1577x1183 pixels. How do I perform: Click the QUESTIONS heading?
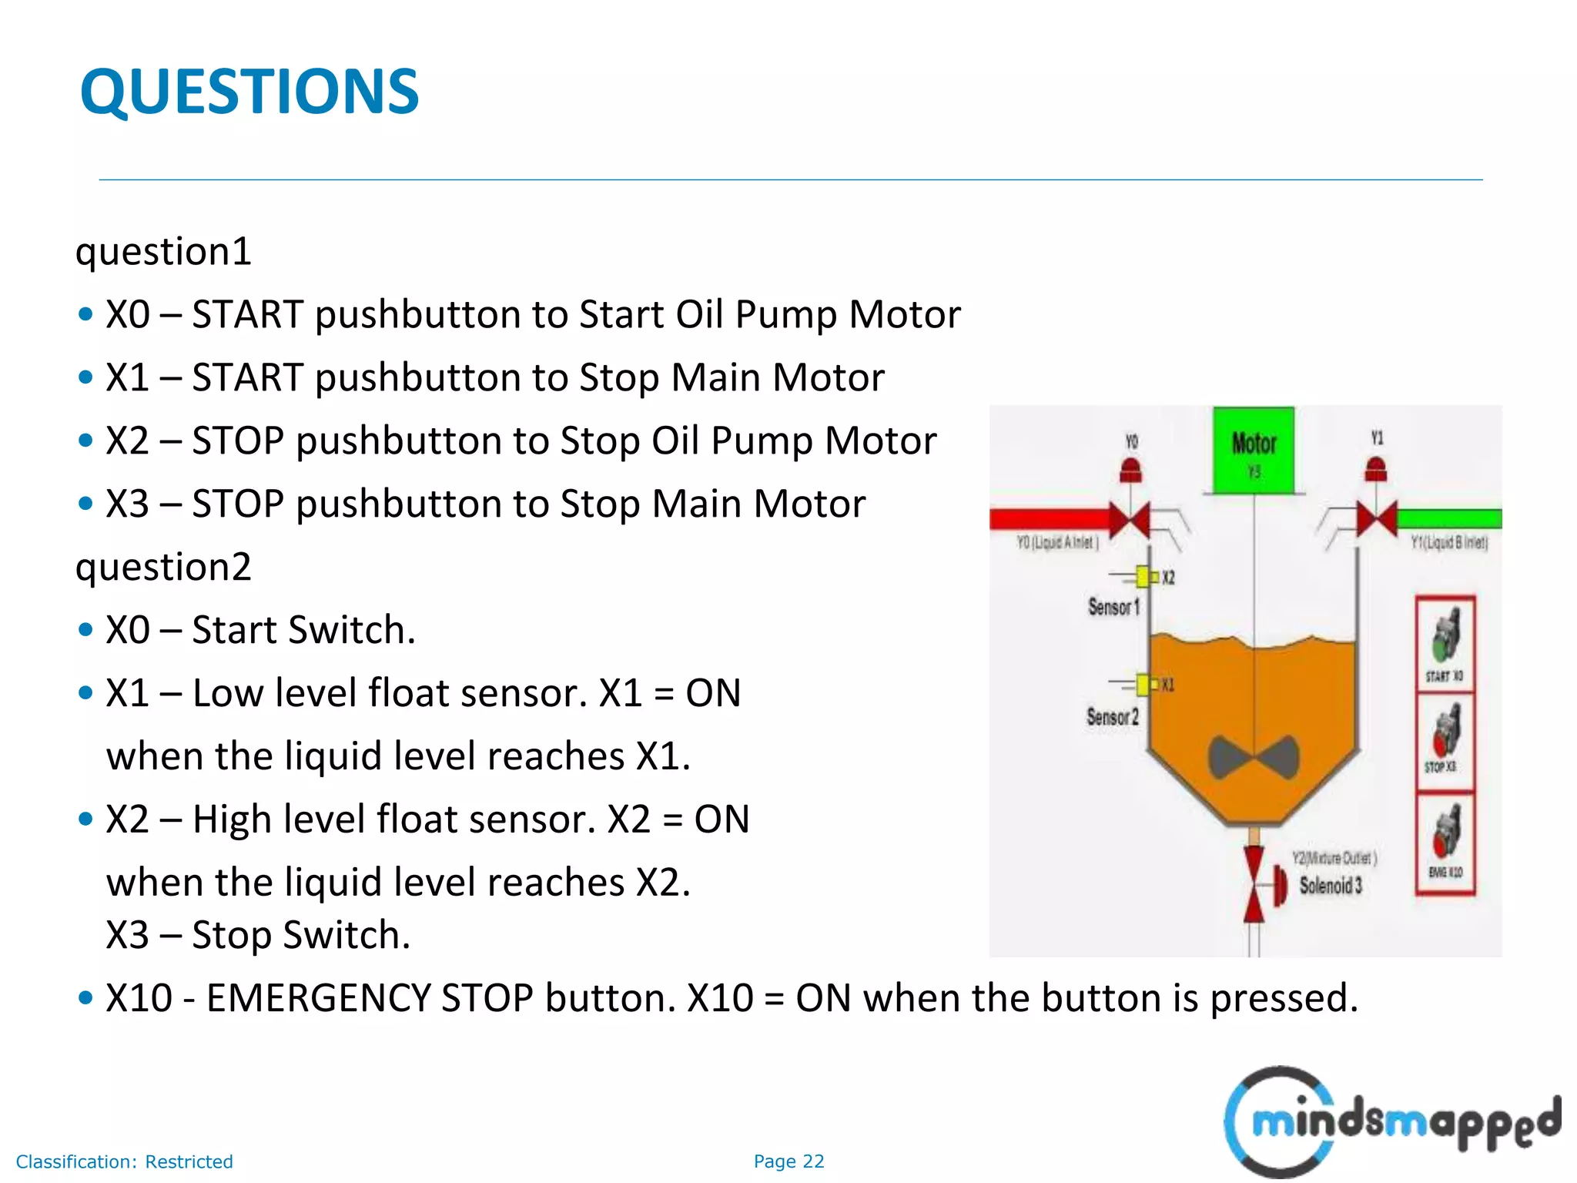pos(249,92)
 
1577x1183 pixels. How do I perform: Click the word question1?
pos(163,252)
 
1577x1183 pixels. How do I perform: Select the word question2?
pos(163,568)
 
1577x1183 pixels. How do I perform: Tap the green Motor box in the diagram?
pos(1254,451)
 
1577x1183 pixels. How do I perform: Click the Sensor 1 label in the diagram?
pos(1113,607)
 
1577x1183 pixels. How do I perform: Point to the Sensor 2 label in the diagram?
pos(1112,717)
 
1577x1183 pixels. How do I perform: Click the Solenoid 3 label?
pos(1331,886)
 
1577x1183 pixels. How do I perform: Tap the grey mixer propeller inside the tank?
pos(1254,757)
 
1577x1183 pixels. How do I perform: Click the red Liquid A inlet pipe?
pos(1051,519)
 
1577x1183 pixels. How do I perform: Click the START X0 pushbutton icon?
pos(1445,636)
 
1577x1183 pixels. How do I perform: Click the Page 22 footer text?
pos(788,1161)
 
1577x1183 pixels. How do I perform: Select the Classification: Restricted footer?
pos(124,1161)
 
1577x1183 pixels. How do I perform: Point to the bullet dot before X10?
pos(85,999)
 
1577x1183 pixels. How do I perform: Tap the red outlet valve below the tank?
pos(1254,884)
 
